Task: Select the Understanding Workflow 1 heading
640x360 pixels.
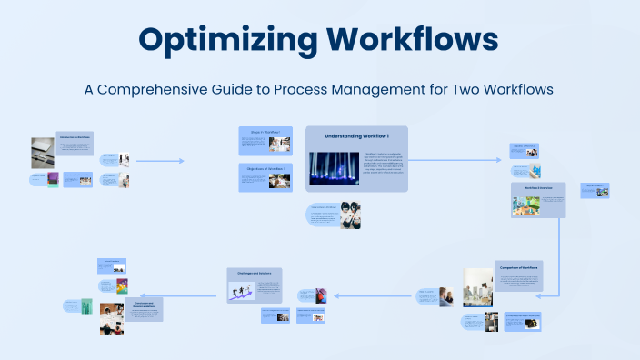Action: (x=356, y=136)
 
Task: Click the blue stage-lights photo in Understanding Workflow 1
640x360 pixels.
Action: (x=334, y=168)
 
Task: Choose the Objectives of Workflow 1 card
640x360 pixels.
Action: (x=265, y=176)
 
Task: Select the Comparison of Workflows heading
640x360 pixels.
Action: (x=517, y=267)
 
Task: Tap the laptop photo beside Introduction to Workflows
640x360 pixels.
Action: (x=42, y=148)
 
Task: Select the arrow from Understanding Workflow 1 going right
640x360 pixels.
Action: (x=455, y=160)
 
